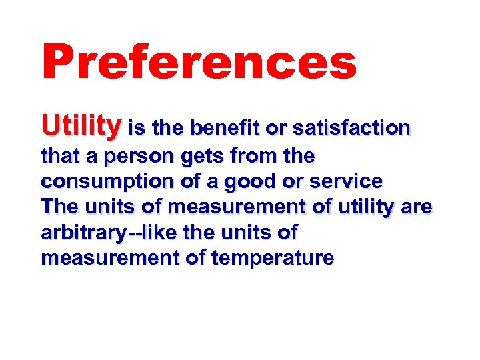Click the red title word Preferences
(199, 62)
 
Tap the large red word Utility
(81, 125)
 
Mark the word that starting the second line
(57, 157)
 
